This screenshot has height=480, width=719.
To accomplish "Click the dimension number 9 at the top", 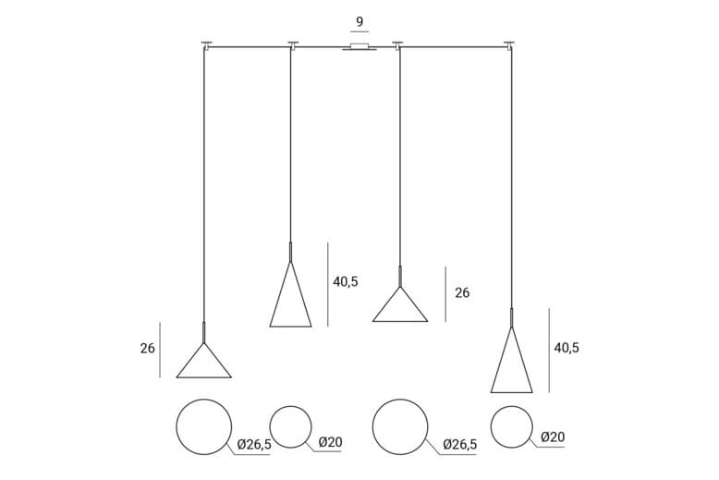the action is [x=359, y=21].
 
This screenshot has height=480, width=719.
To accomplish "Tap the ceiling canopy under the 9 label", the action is [x=359, y=47].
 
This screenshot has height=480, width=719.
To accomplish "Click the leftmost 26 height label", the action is [x=148, y=349].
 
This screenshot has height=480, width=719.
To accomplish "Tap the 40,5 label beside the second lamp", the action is [x=346, y=282].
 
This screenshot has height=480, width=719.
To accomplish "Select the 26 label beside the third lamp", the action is [x=462, y=293].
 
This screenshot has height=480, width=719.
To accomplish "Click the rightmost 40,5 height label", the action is [x=567, y=348].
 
